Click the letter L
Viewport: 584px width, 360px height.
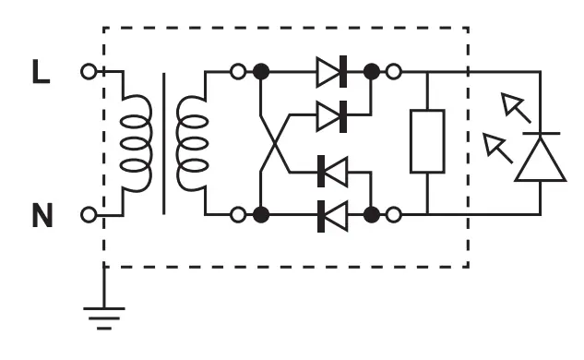[40, 72]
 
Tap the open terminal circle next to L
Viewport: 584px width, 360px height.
[89, 71]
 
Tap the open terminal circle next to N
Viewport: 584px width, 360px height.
[89, 215]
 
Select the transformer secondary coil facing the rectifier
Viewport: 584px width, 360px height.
[195, 143]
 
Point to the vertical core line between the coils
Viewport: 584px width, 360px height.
[164, 143]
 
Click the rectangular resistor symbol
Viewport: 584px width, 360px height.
[427, 141]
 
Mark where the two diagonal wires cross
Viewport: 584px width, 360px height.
[274, 143]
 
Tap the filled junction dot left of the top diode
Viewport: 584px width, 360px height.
[261, 71]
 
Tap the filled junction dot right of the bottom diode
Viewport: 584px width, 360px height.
[372, 215]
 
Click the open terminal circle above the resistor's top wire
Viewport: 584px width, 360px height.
[394, 71]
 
